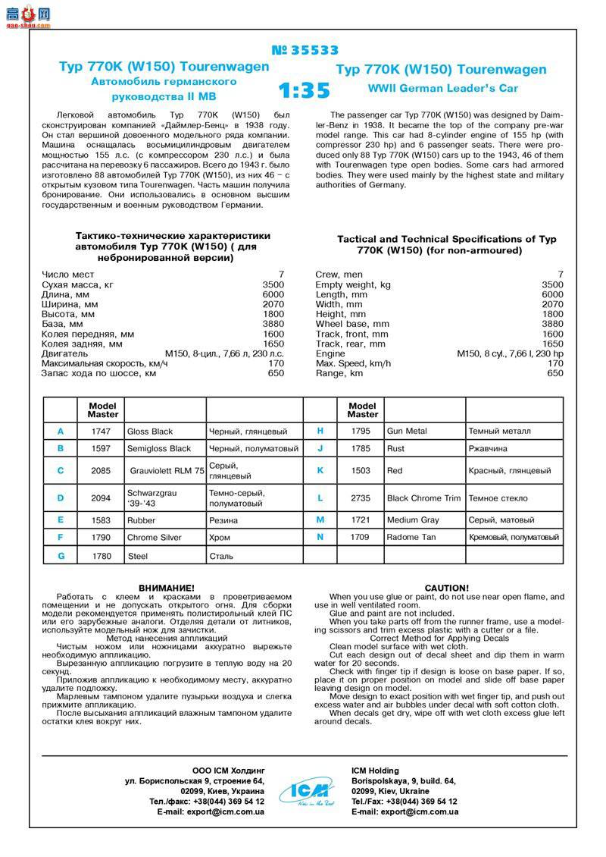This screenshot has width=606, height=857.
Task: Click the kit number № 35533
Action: click(x=305, y=51)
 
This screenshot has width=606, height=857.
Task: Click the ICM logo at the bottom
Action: click(x=308, y=792)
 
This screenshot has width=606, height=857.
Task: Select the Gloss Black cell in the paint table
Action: click(x=150, y=431)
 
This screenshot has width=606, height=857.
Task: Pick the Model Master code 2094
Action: click(x=101, y=498)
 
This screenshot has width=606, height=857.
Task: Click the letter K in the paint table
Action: click(x=320, y=470)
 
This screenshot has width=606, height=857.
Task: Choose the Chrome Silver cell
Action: click(x=155, y=537)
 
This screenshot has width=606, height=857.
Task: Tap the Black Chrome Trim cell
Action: click(x=423, y=498)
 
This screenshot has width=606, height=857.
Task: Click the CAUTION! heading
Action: click(x=446, y=588)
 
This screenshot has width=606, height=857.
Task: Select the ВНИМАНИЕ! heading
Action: click(x=167, y=588)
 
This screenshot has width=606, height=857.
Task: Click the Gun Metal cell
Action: click(x=407, y=431)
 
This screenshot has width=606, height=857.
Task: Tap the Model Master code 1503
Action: click(x=361, y=470)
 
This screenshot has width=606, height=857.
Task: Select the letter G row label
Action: click(x=61, y=556)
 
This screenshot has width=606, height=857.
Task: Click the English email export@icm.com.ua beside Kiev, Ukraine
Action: click(x=405, y=811)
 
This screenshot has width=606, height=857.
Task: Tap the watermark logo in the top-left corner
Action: click(x=27, y=14)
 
